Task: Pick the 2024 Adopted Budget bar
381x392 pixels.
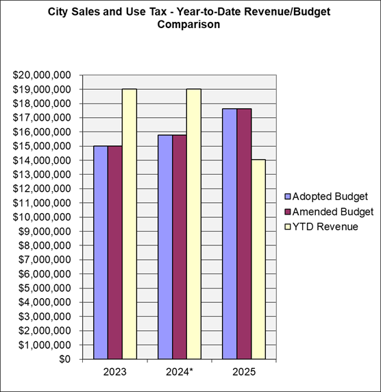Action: click(165, 247)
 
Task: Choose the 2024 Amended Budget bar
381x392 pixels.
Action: click(180, 247)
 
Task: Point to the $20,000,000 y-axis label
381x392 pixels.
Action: click(41, 75)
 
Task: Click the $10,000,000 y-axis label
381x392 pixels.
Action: click(41, 217)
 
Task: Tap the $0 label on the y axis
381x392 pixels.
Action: click(64, 359)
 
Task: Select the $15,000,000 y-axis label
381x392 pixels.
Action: click(41, 146)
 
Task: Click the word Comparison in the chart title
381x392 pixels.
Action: click(190, 24)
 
